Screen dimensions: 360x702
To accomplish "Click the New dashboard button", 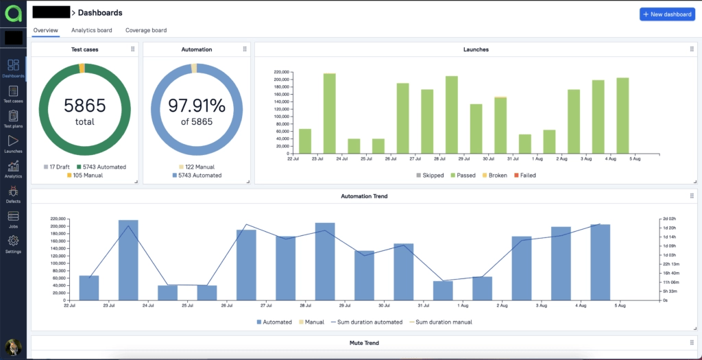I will click(x=666, y=14).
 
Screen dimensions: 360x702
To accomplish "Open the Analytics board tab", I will click(x=92, y=30).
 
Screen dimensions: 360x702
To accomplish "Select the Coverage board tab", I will click(x=146, y=30).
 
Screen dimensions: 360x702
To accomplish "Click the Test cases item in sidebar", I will click(x=13, y=95).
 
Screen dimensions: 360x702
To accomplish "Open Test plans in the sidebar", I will click(x=13, y=119).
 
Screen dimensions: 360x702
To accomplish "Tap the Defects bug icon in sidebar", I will click(x=13, y=195).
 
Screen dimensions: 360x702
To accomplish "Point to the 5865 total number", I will click(x=85, y=106).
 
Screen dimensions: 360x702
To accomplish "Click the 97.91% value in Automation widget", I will click(x=197, y=106).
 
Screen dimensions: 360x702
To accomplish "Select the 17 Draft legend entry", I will click(x=57, y=167).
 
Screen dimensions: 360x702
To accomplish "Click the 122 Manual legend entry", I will click(x=196, y=167).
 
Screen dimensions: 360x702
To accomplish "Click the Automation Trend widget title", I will click(x=364, y=196).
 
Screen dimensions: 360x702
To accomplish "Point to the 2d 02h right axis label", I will click(x=670, y=218).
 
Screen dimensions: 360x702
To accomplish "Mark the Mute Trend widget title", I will click(x=364, y=343).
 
